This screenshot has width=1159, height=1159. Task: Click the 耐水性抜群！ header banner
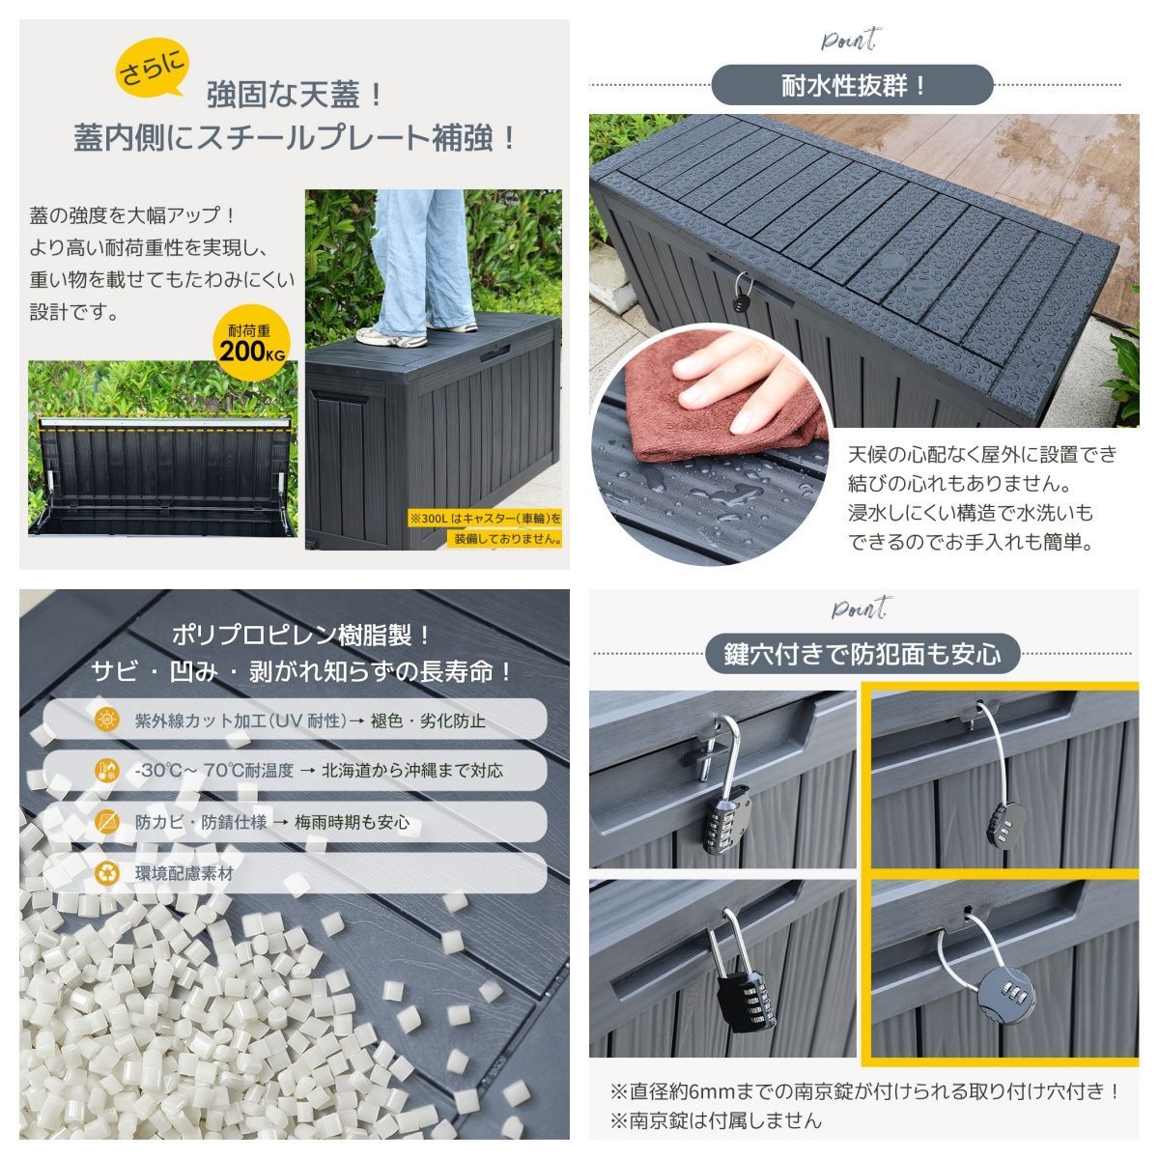coord(852,85)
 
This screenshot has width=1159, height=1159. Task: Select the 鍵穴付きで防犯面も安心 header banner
coord(862,654)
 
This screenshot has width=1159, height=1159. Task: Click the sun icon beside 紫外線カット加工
coord(107,720)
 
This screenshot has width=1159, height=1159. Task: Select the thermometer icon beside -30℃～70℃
coord(107,771)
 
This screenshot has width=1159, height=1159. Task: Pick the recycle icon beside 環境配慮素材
coord(107,873)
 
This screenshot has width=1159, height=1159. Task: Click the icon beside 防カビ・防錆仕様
coord(107,822)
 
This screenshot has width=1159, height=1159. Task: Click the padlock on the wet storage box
coord(740,291)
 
